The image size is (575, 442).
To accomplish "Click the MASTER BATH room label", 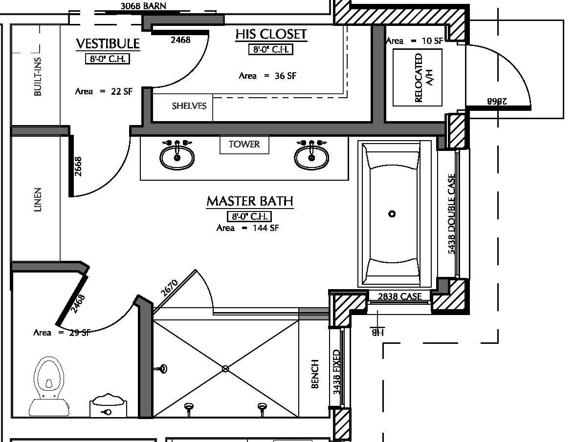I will (249, 201).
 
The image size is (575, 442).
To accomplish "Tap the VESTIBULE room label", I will (108, 44).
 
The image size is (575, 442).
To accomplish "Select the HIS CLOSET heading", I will (271, 34).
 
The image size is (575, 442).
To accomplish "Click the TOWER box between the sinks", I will (244, 145).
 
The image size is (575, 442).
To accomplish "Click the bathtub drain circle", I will (392, 214).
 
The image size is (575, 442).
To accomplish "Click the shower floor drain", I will (225, 369).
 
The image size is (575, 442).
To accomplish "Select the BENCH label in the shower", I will (315, 374).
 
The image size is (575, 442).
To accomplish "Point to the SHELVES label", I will (189, 106).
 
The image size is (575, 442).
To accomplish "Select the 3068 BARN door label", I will (143, 6).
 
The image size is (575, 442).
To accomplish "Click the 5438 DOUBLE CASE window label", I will (451, 214).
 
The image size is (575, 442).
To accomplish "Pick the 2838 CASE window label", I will (399, 296).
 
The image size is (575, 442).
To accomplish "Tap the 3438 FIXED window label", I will (336, 372).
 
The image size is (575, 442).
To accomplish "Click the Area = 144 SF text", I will (247, 228).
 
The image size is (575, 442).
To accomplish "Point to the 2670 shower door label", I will (169, 289).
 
